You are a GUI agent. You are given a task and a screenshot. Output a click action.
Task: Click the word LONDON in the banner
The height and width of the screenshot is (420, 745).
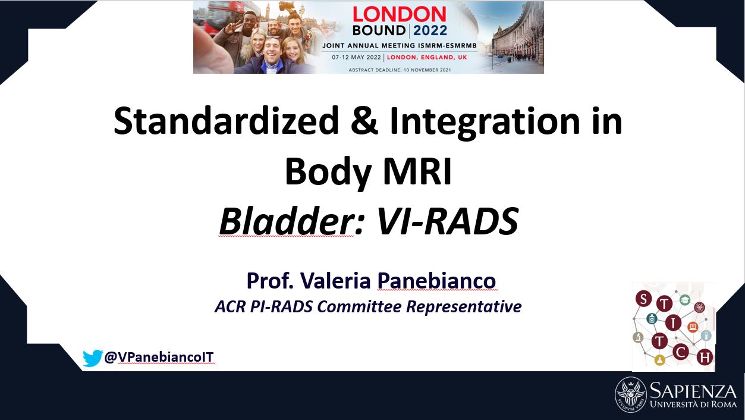(x=400, y=14)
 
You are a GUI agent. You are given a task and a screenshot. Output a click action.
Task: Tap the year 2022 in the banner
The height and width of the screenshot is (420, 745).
(x=430, y=30)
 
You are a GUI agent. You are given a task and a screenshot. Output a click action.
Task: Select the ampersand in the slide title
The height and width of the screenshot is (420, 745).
(x=364, y=121)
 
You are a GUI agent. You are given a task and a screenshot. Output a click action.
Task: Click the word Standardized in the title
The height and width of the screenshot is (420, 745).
(x=226, y=121)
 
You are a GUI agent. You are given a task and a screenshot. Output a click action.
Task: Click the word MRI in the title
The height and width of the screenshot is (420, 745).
(x=418, y=172)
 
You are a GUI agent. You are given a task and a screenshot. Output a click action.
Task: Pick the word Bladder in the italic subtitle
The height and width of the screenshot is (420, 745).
(x=286, y=221)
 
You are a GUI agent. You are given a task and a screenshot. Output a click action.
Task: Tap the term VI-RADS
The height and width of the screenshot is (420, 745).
(x=447, y=221)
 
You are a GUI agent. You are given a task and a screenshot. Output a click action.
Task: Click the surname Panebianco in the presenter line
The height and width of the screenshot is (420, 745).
(x=436, y=281)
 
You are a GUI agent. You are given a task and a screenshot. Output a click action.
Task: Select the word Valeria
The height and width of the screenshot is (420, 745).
(x=335, y=281)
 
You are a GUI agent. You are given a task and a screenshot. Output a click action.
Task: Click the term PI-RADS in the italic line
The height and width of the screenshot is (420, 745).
(x=281, y=306)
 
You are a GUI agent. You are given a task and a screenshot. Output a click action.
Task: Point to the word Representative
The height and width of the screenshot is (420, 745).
(x=464, y=307)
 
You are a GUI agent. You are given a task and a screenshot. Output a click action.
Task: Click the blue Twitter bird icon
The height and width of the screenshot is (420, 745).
(x=93, y=358)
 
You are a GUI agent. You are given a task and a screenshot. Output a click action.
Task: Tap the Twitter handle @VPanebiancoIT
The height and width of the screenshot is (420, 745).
(x=159, y=357)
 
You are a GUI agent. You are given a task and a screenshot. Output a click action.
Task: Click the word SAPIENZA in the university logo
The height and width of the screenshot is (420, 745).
(x=693, y=391)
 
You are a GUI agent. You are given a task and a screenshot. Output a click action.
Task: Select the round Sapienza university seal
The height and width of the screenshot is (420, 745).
(x=631, y=394)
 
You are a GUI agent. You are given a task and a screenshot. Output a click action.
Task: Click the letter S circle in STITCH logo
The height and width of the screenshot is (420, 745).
(x=643, y=298)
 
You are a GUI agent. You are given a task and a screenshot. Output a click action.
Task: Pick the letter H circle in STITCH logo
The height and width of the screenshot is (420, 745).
(x=705, y=358)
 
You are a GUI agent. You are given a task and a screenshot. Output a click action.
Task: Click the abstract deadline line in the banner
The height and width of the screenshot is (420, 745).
(x=400, y=70)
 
